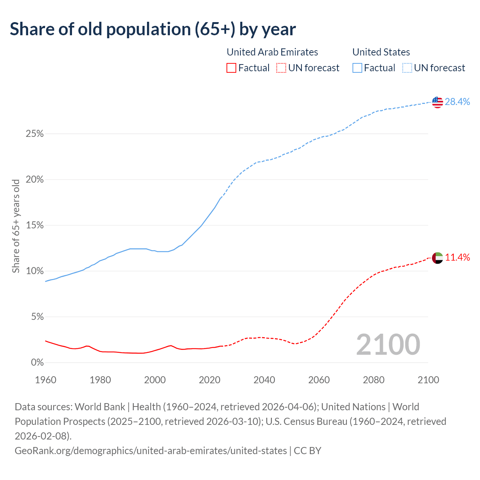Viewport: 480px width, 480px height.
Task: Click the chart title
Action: point(153,29)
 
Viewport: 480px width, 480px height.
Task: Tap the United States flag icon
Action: point(437,102)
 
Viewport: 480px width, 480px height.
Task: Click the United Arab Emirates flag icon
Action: point(437,258)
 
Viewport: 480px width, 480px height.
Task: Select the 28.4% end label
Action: point(457,102)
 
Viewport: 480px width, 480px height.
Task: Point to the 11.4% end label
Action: point(457,257)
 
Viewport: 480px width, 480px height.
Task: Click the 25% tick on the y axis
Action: point(35,134)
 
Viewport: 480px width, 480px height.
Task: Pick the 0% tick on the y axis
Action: point(37,363)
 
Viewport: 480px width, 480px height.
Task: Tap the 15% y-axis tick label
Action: point(35,225)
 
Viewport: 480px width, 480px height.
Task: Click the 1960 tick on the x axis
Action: point(45,380)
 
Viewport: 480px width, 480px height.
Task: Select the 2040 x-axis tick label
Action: point(264,380)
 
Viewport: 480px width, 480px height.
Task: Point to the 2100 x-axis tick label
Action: point(428,380)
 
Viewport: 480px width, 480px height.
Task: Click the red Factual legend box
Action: point(231,68)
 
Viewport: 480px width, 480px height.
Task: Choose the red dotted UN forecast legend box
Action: point(281,68)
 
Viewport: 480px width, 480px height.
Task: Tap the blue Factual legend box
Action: point(357,68)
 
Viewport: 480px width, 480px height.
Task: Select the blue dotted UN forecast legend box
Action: point(407,68)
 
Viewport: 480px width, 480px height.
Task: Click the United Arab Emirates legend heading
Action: point(272,52)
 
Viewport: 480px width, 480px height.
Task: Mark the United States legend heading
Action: point(381,52)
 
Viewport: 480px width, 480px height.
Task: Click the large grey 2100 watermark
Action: point(388,344)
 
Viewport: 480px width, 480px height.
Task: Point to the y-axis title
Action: point(16,226)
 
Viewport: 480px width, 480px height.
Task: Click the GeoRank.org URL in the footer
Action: point(150,450)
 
